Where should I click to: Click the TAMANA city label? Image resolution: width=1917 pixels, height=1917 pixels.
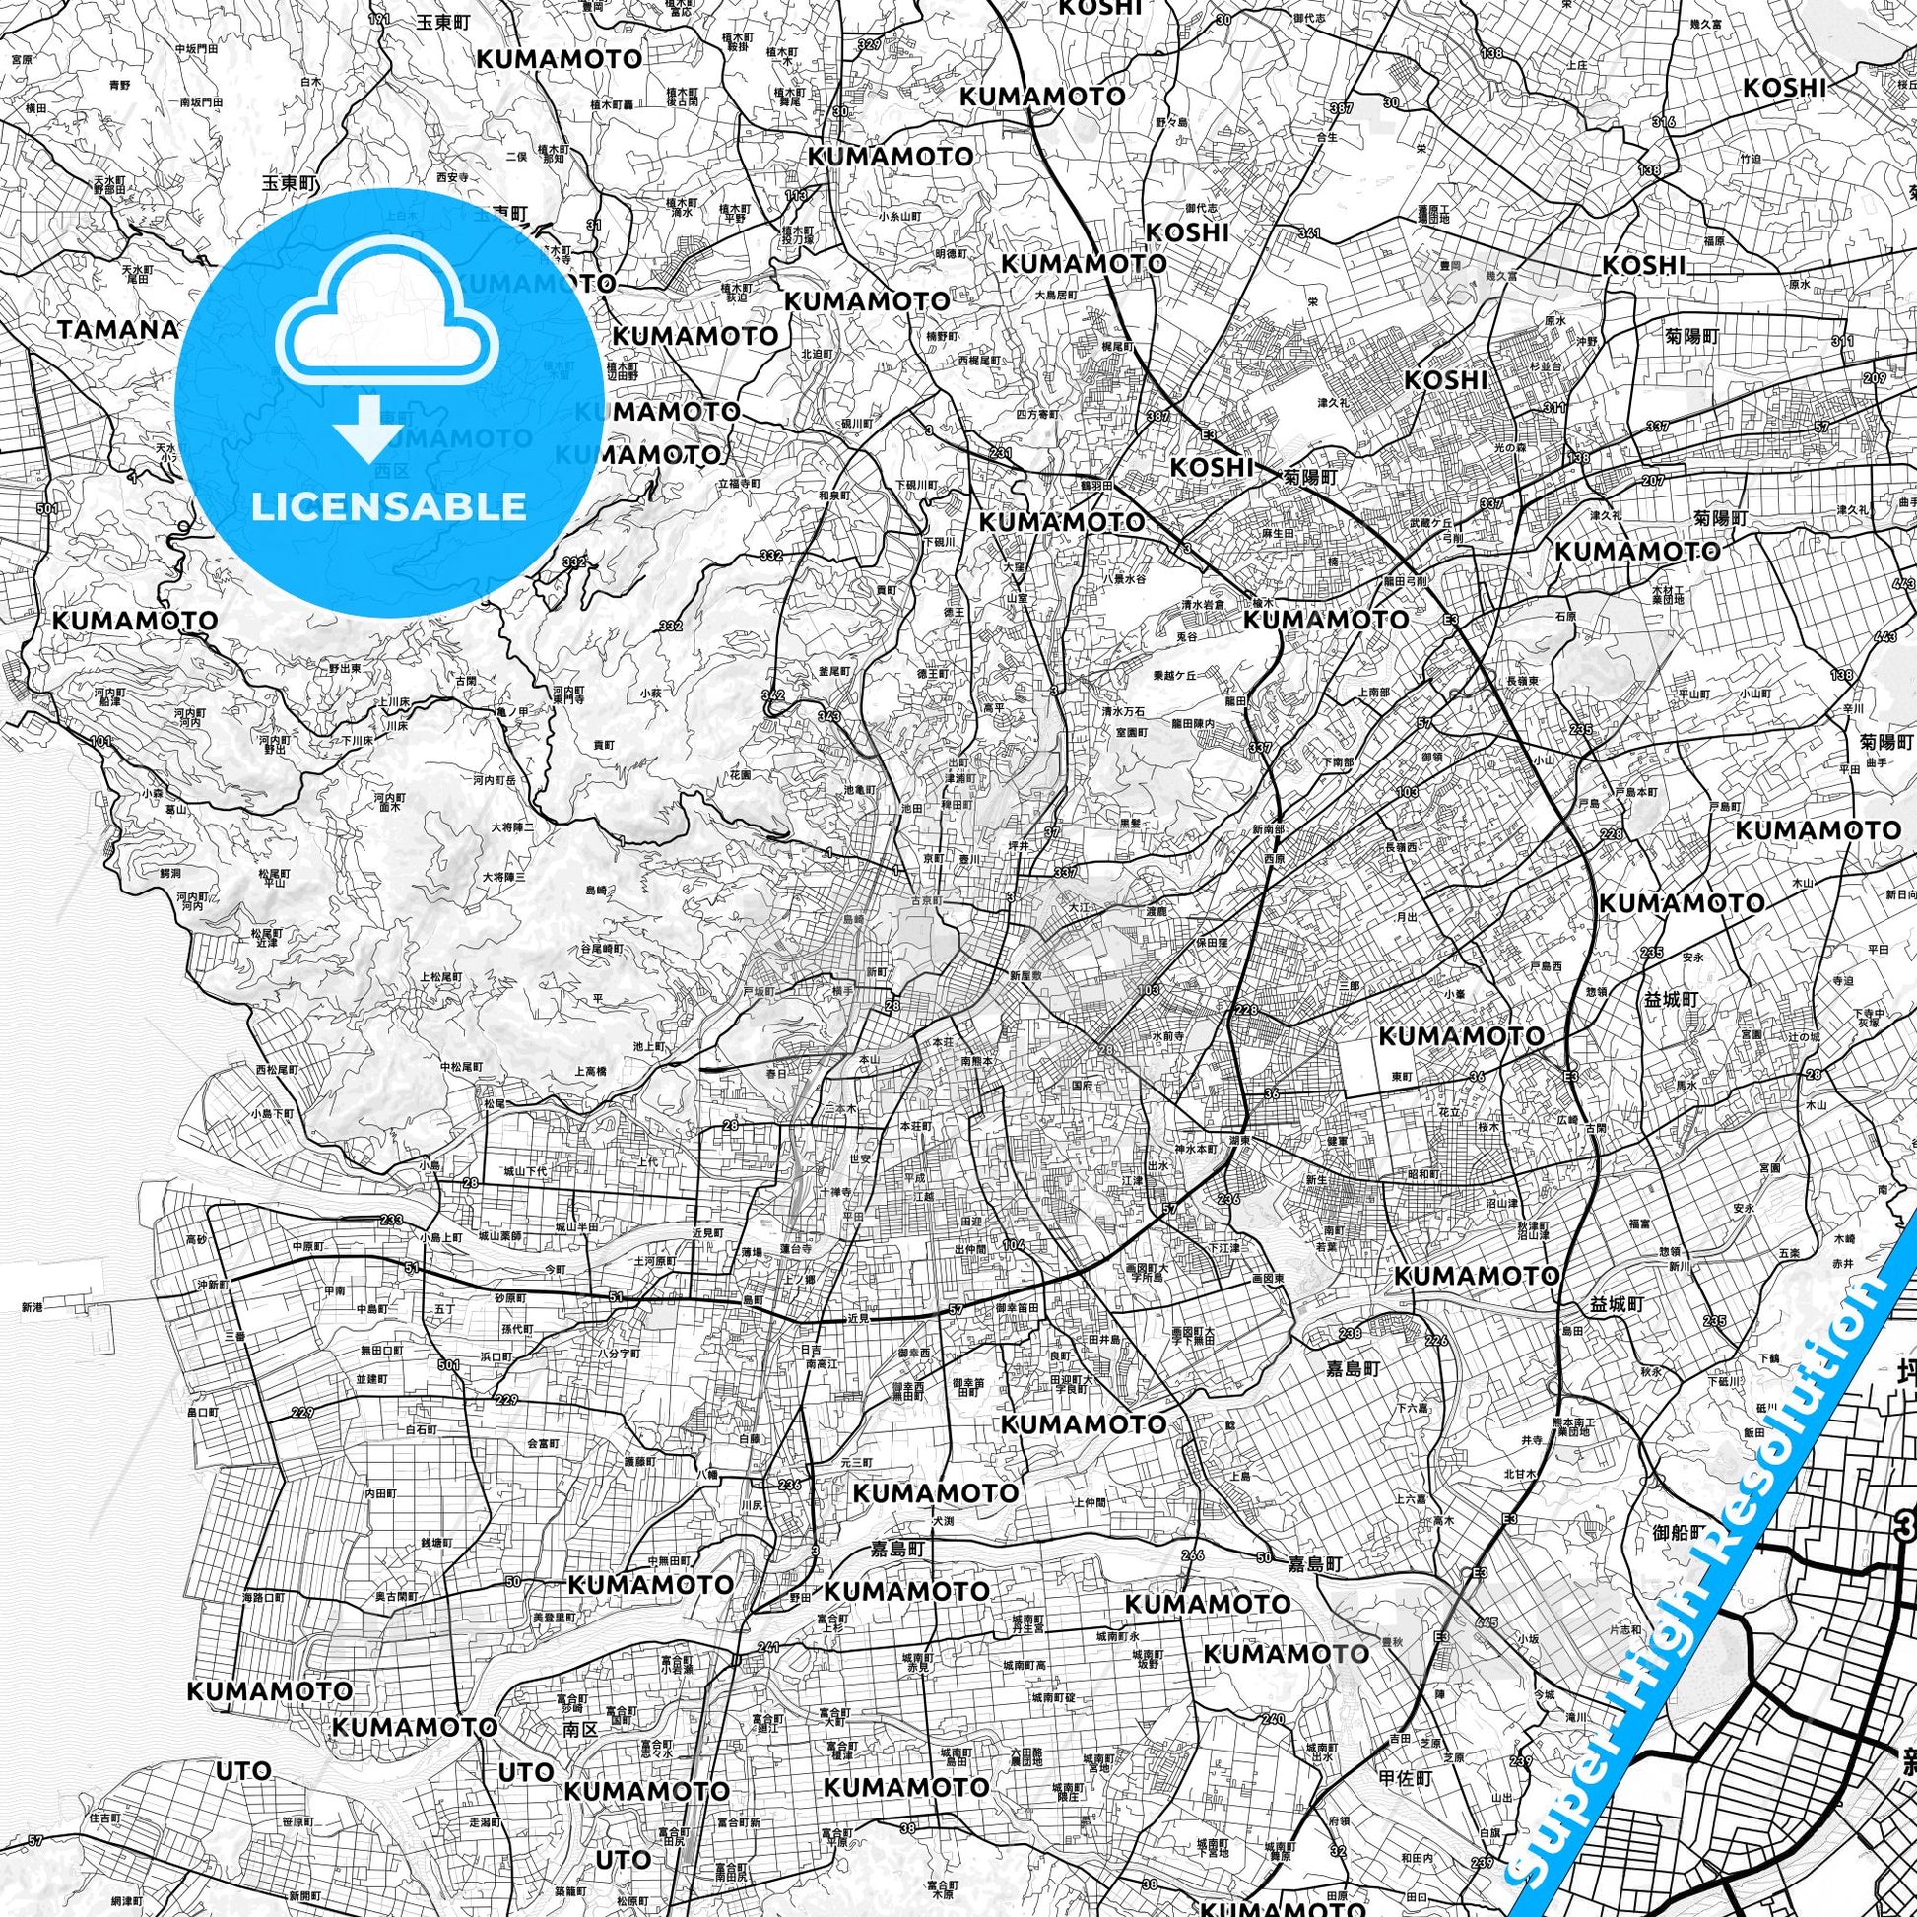point(117,329)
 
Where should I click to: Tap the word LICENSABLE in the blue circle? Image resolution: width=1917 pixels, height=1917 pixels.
point(388,506)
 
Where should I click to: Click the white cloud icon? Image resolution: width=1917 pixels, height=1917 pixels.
point(388,327)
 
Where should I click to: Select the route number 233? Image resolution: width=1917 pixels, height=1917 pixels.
point(391,1220)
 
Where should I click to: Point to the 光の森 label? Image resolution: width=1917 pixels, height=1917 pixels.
point(1512,447)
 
